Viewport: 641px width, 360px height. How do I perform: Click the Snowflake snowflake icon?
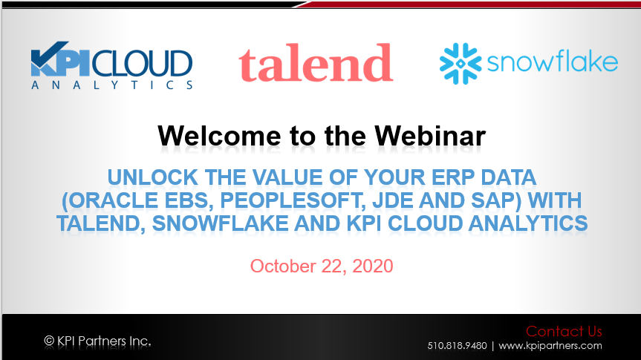coord(461,63)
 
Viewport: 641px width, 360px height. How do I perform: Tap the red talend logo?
coord(316,62)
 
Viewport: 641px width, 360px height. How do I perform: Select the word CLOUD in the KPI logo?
coord(143,63)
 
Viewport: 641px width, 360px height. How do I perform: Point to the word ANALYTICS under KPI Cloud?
coord(112,85)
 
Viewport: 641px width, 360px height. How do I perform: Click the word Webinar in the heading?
coord(430,136)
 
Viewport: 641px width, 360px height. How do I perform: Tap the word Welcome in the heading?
coord(219,136)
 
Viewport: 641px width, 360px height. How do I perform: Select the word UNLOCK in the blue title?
coord(152,177)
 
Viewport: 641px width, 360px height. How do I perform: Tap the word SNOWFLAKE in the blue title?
coord(220,223)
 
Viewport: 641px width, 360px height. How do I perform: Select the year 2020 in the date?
coord(372,266)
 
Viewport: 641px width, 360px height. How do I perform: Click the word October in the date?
coord(283,266)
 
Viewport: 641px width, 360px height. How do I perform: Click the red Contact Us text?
coord(564,331)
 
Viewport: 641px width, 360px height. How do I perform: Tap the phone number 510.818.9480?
coord(457,346)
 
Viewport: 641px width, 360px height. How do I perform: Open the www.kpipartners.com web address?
coord(550,346)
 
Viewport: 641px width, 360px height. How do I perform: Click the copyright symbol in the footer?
coord(49,341)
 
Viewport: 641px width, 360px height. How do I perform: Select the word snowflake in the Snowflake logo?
coord(553,62)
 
